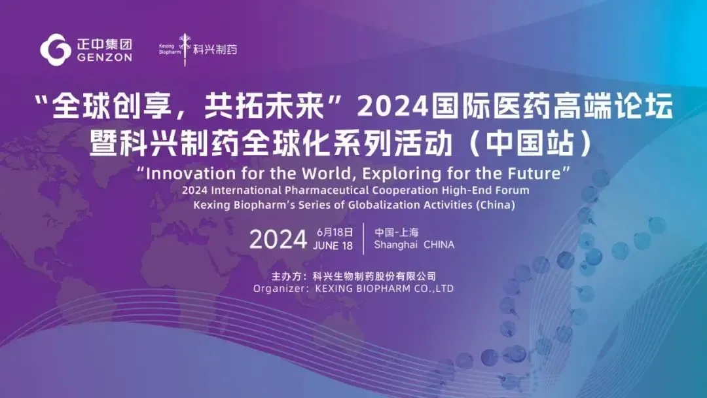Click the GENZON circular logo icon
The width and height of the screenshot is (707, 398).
(x=56, y=50)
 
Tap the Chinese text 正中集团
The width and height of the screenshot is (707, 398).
(x=105, y=44)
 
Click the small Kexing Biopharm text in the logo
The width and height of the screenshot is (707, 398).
(x=170, y=50)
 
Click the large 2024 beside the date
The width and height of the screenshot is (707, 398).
(x=278, y=240)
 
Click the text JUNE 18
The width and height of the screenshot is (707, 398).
(x=333, y=246)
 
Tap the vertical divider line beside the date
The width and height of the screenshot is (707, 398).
(x=364, y=239)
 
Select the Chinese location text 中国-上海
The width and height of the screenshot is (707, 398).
(x=396, y=232)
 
